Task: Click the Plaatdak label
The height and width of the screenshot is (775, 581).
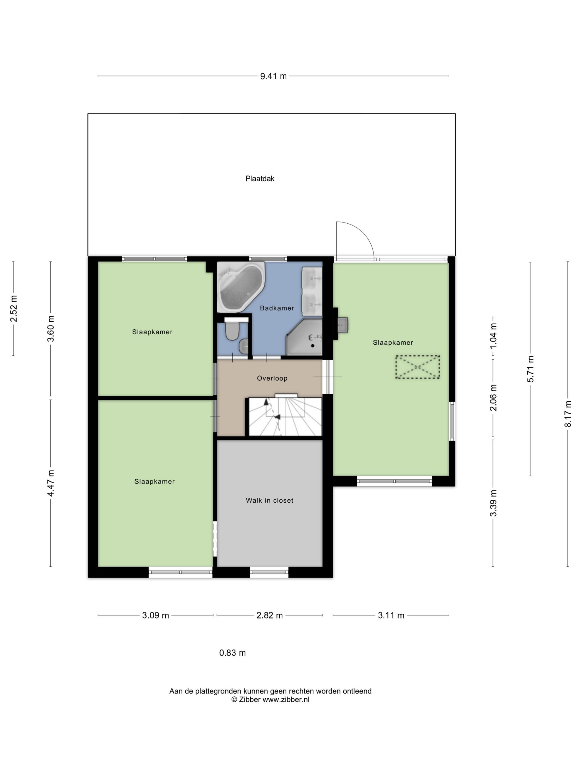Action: point(260,179)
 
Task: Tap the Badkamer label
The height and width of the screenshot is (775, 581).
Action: point(277,308)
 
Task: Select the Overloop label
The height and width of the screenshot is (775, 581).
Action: point(272,378)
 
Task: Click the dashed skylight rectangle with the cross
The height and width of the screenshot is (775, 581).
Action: point(417,367)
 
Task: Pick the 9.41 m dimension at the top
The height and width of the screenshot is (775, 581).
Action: point(273,76)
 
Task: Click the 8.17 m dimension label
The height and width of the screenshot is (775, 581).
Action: point(568,414)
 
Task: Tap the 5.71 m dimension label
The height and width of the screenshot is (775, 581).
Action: point(531,369)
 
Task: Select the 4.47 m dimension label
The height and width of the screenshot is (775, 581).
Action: point(51,483)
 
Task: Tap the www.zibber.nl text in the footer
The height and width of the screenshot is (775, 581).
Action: point(286,699)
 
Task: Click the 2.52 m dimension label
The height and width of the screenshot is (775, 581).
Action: point(14,309)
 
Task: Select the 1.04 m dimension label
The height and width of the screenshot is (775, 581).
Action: point(494,336)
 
